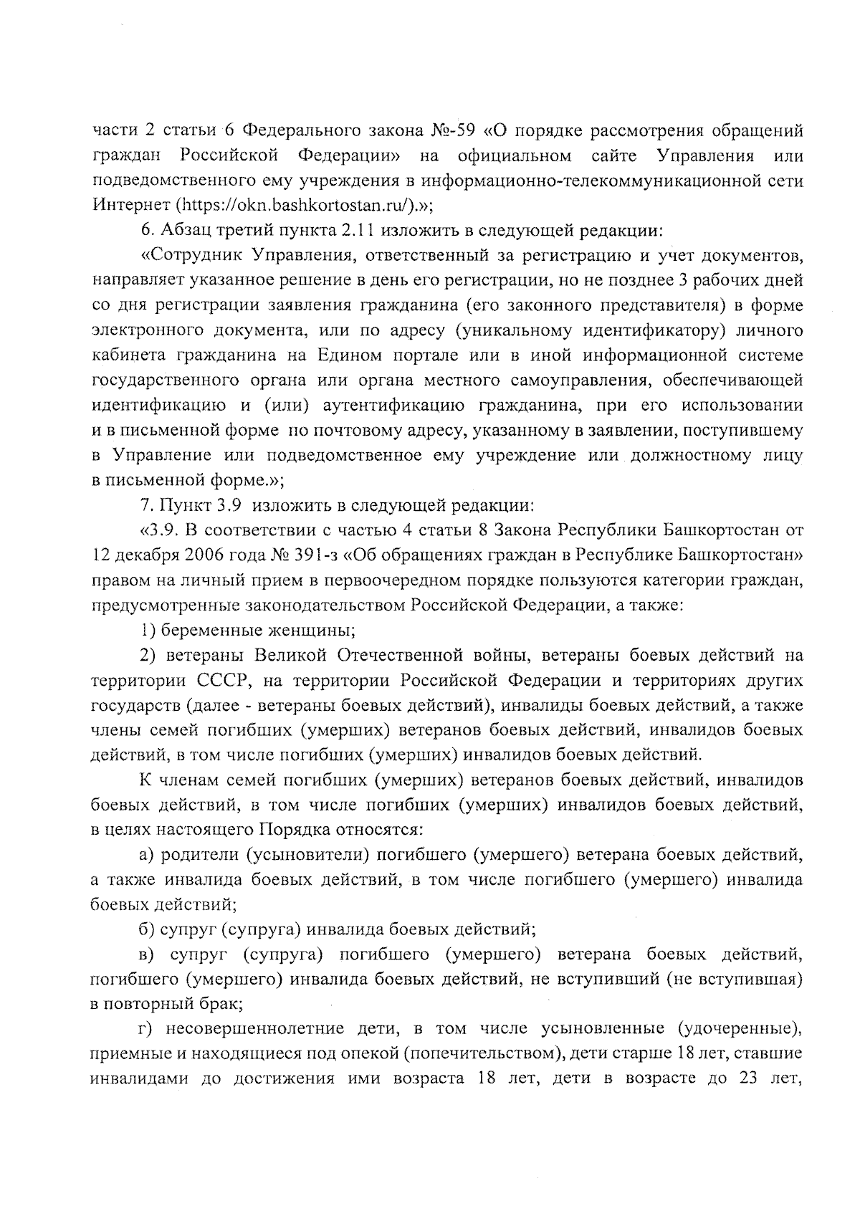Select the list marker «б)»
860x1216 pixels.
coord(147,930)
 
